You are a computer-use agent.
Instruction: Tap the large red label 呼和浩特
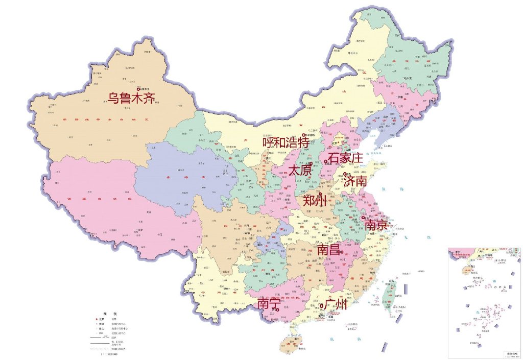point(286,142)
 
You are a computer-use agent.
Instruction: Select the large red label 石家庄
point(345,158)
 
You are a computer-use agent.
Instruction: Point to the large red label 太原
point(300,171)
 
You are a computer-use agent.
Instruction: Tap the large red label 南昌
point(328,250)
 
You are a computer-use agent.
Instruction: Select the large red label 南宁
point(269,303)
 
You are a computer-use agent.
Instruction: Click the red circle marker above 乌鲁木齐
point(137,89)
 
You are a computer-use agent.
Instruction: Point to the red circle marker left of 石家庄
point(325,162)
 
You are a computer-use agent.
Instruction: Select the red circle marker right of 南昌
point(341,252)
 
